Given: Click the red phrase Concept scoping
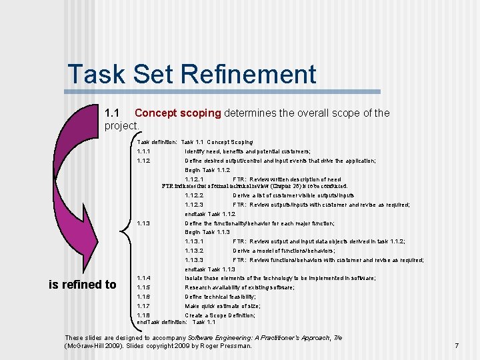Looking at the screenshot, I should click(x=177, y=113).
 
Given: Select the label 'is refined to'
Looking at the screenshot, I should click(x=83, y=285).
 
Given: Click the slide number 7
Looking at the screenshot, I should click(x=456, y=345).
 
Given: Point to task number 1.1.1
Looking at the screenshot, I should click(x=143, y=151).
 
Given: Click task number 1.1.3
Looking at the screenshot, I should click(x=143, y=223).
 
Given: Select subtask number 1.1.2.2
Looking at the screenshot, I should click(x=194, y=195).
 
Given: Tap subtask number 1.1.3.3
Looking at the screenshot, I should click(x=194, y=260).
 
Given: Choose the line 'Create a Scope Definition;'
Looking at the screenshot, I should click(x=219, y=315).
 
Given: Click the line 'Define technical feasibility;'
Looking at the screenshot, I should click(x=220, y=297).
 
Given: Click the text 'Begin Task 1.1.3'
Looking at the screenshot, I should click(x=207, y=232).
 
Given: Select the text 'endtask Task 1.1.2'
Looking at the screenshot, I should click(x=210, y=214).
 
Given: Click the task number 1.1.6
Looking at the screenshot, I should click(x=143, y=297).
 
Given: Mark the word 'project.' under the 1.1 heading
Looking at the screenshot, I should click(x=122, y=125).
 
